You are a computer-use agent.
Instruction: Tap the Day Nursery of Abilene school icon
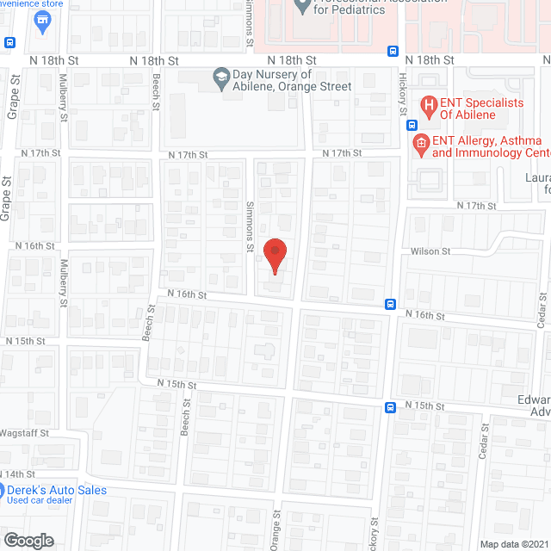(220, 79)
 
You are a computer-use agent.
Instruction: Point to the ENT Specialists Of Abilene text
(483, 108)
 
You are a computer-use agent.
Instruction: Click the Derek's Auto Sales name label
(58, 490)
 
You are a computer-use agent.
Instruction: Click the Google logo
(28, 541)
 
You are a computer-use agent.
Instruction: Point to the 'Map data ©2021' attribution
(514, 544)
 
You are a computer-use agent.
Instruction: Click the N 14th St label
(19, 474)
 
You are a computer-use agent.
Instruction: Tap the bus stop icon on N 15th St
(391, 406)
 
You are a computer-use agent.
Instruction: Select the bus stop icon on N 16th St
(391, 304)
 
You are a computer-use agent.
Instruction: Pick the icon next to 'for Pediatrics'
(302, 7)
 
